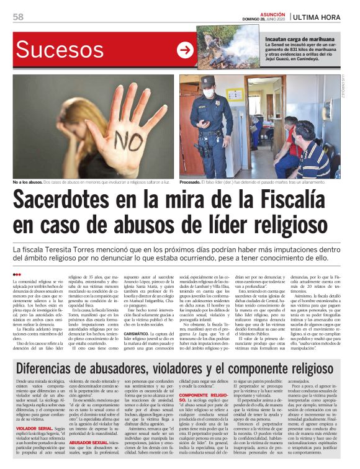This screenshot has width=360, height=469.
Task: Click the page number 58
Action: click(18, 17)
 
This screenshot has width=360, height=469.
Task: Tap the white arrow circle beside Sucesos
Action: click(185, 50)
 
